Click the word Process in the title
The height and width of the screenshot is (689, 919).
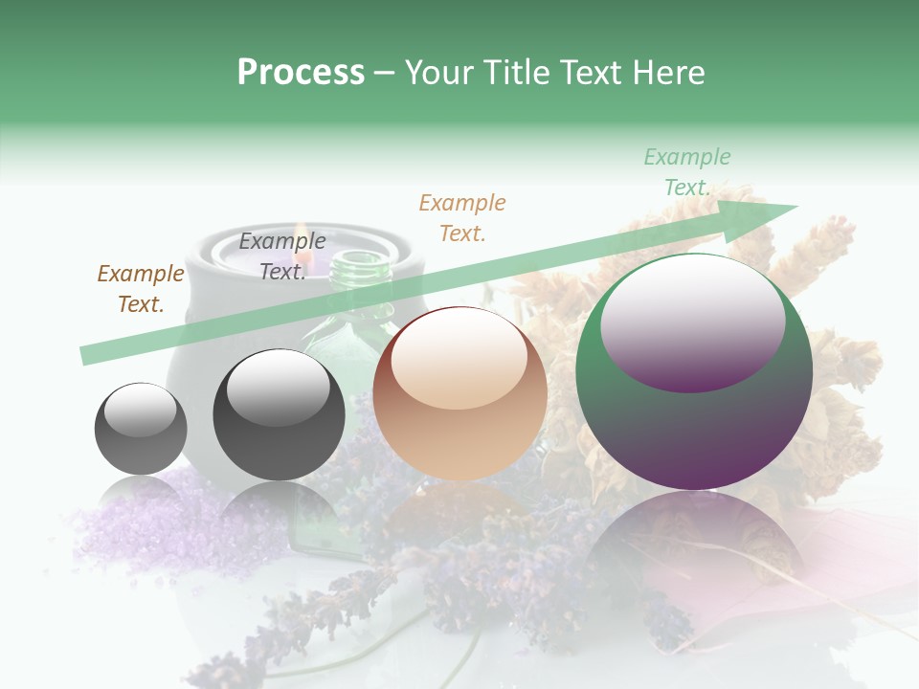[x=301, y=73]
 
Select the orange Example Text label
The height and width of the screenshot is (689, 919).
[x=462, y=218]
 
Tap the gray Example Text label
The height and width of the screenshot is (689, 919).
[x=282, y=256]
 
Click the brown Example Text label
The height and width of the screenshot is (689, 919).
[x=141, y=289]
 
